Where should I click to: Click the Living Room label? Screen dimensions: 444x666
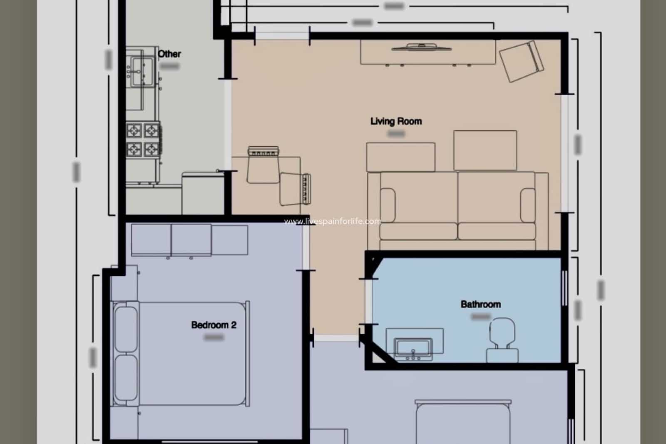396,121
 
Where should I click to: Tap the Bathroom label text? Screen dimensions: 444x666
480,304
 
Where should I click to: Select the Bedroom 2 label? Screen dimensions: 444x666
214,325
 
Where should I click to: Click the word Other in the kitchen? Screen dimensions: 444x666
169,54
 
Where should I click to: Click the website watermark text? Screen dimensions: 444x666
333,222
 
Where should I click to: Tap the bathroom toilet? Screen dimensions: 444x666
502,339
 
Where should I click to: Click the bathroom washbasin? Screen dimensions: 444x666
413,348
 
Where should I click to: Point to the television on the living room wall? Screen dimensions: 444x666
421,47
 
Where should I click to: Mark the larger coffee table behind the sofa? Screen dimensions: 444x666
485,150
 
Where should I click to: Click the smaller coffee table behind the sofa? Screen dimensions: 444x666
400,157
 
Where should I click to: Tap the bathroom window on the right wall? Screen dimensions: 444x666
565,288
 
